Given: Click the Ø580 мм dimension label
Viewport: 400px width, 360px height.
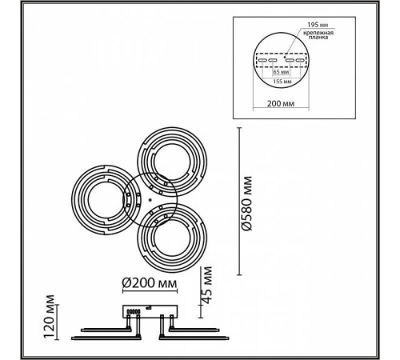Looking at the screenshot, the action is click(247, 203).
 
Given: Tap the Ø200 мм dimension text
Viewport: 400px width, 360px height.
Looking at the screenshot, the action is click(150, 283).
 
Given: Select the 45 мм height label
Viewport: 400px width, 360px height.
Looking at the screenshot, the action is click(206, 285).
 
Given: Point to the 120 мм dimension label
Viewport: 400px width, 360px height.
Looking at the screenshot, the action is click(50, 317).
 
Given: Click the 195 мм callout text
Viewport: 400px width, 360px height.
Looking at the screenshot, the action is click(318, 25).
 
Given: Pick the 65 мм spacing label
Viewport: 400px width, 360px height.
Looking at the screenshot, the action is click(282, 72).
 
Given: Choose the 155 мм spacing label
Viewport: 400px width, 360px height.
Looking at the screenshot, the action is click(282, 82).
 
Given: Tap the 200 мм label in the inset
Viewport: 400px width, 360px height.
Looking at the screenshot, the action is click(281, 103).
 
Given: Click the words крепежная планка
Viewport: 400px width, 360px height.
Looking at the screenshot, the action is click(318, 35).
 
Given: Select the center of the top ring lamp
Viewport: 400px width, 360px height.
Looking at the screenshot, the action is click(172, 162).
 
